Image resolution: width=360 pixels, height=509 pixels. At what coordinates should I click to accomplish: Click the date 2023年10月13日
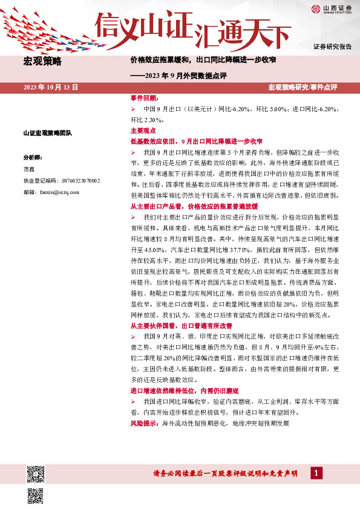click(51, 88)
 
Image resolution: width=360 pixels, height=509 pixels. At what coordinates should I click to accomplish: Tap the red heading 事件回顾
click(144, 98)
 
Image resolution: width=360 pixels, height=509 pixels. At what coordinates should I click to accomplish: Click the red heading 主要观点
click(143, 131)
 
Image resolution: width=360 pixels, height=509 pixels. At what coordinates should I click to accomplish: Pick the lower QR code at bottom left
click(36, 495)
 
